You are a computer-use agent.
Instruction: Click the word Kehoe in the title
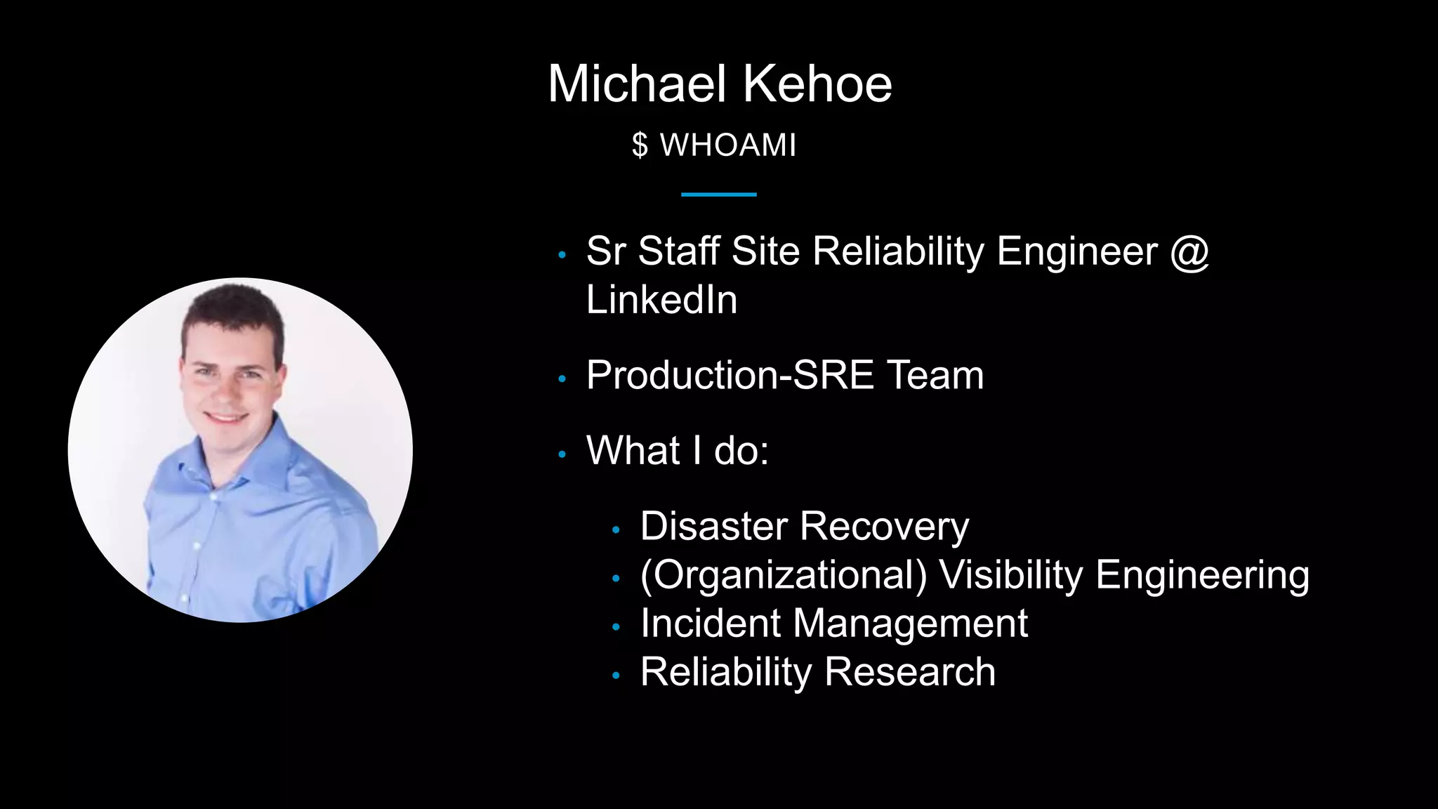(817, 84)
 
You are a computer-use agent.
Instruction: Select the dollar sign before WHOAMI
(640, 145)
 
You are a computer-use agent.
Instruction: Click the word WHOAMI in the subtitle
(728, 145)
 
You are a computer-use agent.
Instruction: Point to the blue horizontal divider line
(718, 195)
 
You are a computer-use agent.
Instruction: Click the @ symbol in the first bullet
(1189, 251)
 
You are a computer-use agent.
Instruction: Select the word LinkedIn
(661, 300)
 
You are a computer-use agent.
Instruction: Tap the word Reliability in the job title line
(898, 251)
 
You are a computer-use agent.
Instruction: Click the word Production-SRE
(730, 375)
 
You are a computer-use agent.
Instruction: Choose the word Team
(935, 375)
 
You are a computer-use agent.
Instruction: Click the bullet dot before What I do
(562, 455)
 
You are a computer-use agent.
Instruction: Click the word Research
(910, 671)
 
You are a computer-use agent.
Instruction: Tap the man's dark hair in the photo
(232, 309)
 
